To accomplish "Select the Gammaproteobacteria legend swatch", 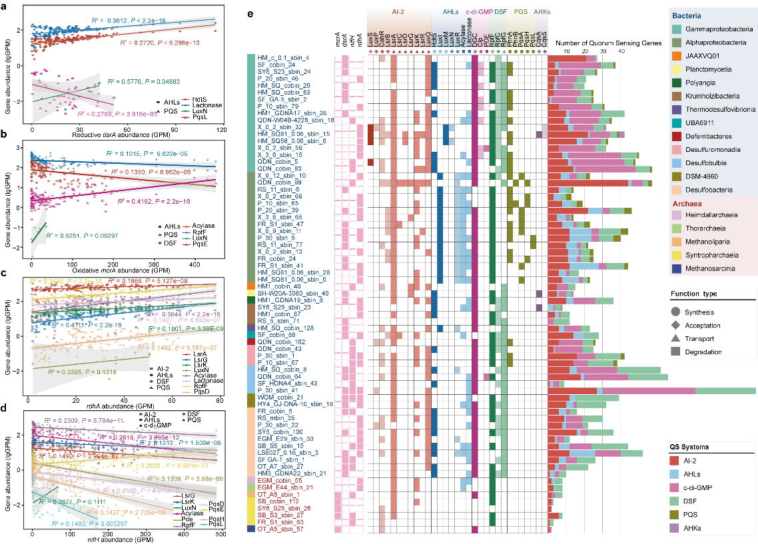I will click(675, 30).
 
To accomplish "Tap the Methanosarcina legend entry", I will click(675, 268).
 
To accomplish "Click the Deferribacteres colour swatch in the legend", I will click(675, 136).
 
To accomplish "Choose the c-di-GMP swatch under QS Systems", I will click(675, 488).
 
